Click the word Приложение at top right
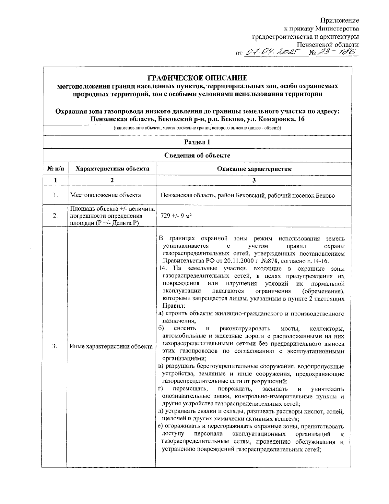[x=339, y=20]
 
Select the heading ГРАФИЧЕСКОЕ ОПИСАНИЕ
[x=197, y=78]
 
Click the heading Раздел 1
[x=197, y=142]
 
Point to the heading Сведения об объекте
[x=197, y=155]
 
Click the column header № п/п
[x=55, y=168]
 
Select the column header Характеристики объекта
[x=112, y=168]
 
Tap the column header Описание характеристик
[x=254, y=168]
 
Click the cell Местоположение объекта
[x=105, y=195]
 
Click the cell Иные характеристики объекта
[x=111, y=346]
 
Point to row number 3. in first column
[x=55, y=346]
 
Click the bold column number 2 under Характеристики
[x=112, y=180]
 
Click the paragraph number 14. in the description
[x=163, y=268]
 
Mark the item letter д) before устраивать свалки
[x=160, y=412]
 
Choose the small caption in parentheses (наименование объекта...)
[x=197, y=128]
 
